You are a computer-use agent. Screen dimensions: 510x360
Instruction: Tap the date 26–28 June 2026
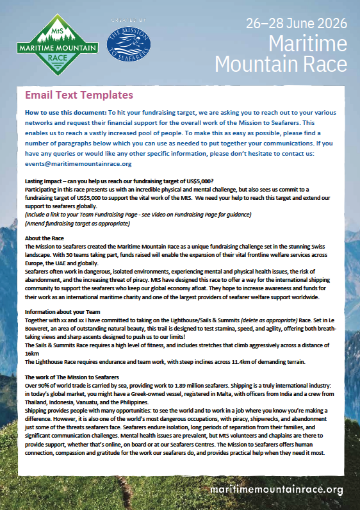click(x=297, y=24)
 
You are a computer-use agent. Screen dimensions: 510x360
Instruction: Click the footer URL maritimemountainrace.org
click(x=277, y=490)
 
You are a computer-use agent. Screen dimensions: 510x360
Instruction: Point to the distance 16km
click(x=31, y=354)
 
